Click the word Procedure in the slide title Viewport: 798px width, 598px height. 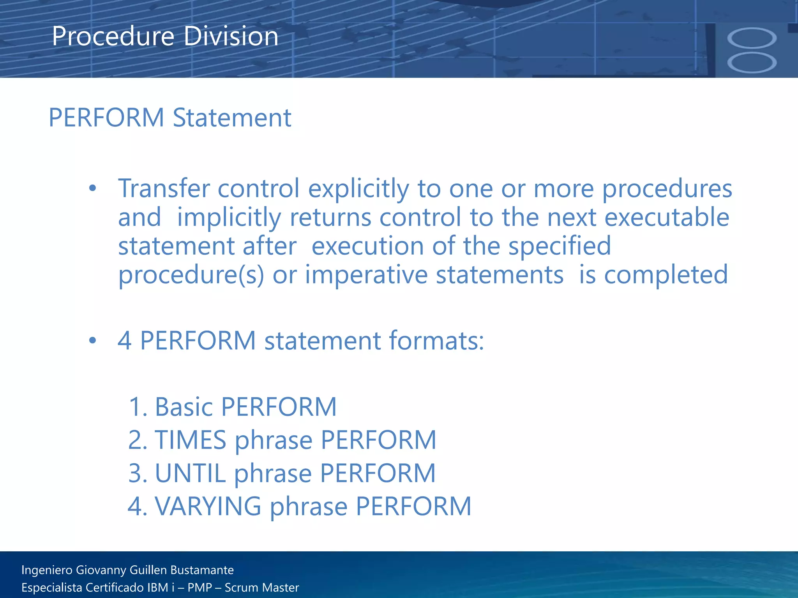point(113,36)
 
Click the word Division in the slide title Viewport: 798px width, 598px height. point(231,36)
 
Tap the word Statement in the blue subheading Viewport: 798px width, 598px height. point(232,118)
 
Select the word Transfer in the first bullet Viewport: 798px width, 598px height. point(164,188)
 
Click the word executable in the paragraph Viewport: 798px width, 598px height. point(667,217)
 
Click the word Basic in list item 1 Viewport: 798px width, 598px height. point(184,407)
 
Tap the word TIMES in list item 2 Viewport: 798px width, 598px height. point(191,440)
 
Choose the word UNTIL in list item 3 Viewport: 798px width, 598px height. point(190,473)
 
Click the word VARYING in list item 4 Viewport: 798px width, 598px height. point(208,507)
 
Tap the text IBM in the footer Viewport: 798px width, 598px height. point(158,587)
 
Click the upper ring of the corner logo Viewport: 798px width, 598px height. point(752,39)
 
